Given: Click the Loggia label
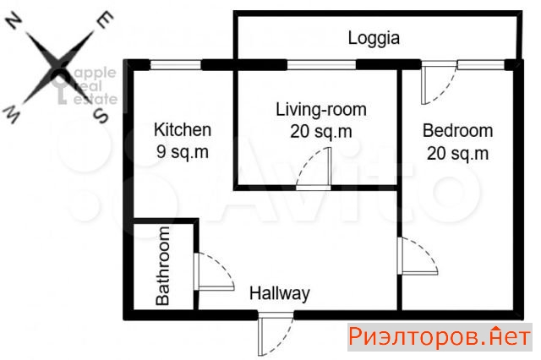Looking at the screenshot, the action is coord(374,38).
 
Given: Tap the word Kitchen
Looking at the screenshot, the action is coord(183,129).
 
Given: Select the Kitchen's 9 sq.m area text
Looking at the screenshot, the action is coord(183,151).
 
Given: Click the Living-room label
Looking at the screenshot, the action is coord(321,110).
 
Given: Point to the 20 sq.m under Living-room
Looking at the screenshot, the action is coord(321,131).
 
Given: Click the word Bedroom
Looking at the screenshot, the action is coord(457,131).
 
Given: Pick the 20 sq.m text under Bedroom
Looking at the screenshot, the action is coord(457,153).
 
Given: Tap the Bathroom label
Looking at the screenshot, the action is coord(162,266).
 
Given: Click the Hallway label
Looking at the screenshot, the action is coord(280,294).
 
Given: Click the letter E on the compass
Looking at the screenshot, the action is coord(105,19).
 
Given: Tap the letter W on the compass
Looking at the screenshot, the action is coord(11,115).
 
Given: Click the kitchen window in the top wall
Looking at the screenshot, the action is coord(176,65).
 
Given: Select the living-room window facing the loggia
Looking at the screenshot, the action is coord(321,65).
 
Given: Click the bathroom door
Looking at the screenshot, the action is coord(214,272).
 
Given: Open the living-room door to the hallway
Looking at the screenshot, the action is coord(314,169).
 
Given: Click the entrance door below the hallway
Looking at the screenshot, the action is coord(276,334).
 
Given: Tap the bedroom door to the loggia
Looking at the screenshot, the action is coord(439,83).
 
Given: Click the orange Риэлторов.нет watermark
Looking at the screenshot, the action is coord(440,336).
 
